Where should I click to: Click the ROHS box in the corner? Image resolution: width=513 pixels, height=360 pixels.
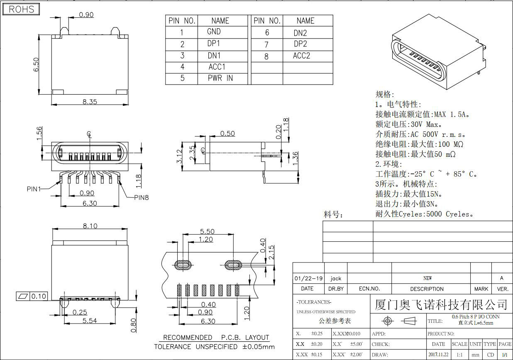tap(21, 10)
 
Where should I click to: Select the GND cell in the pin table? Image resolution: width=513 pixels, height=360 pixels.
tap(214, 32)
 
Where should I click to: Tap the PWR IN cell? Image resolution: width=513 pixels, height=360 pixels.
tap(220, 78)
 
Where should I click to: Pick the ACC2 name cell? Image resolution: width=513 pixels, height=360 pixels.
tap(301, 56)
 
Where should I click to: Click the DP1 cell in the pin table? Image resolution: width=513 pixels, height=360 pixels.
tap(214, 43)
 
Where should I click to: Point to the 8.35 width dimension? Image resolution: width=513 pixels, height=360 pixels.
tap(89, 101)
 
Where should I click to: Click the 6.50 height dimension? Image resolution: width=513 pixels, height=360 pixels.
tap(36, 65)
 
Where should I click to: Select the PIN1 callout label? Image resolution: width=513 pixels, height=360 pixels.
tap(34, 189)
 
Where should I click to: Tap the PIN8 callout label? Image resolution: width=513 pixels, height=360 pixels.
tap(141, 197)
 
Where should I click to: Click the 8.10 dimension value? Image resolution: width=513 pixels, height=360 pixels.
tap(90, 226)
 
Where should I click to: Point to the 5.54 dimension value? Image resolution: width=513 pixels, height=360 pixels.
tap(90, 321)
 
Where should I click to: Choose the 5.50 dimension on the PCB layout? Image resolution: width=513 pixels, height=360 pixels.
tap(207, 231)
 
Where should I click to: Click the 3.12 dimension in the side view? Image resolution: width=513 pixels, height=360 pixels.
tap(180, 157)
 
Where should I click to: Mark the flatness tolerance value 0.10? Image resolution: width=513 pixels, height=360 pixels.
tap(39, 296)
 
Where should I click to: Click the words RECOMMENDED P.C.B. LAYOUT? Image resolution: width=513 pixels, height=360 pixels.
tap(216, 337)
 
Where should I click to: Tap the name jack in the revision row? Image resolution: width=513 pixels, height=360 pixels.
tap(336, 278)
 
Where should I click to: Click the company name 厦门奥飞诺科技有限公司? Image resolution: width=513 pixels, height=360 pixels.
tap(441, 305)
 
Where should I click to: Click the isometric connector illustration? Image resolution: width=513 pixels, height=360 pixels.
tap(439, 54)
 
